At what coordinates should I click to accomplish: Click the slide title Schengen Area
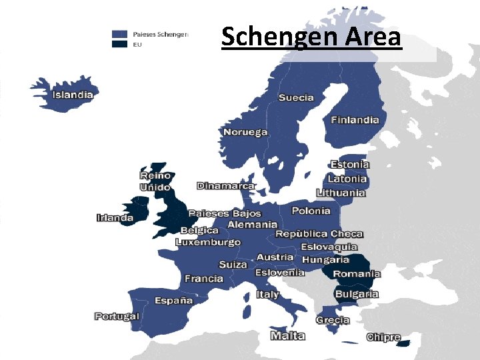coord(311,37)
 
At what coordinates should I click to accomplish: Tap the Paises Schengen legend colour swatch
coord(120,33)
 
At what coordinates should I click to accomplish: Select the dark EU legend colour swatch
coord(120,44)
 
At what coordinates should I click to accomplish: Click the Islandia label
coord(73,95)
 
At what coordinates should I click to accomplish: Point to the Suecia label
coord(296,98)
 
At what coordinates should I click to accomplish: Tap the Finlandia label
coord(355,121)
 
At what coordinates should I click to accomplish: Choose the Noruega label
coord(245,132)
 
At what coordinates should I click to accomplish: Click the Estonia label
coord(350,165)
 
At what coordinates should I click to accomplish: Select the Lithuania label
coord(341,193)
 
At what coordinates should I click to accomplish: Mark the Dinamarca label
coord(226,186)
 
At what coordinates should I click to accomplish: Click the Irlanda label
coord(115,217)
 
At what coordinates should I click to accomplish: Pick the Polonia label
coord(311,211)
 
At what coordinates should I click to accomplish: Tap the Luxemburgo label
coord(208,243)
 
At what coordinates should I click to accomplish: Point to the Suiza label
coord(233,265)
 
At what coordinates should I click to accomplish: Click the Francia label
coord(204,279)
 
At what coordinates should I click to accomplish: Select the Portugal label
coord(117,316)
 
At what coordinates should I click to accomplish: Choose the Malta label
coord(288,336)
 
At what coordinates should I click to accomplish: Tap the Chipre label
coord(383,337)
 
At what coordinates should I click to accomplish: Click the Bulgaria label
coord(357,294)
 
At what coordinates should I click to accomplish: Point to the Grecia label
coord(333,320)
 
